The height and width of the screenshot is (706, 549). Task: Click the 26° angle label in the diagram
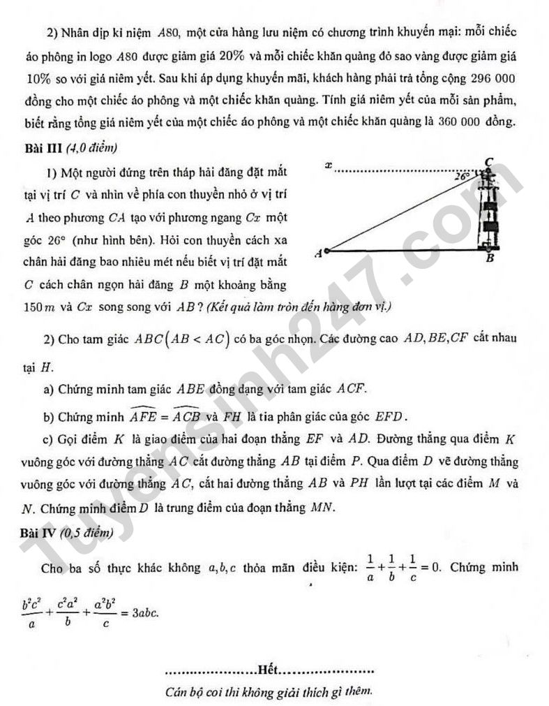click(x=462, y=177)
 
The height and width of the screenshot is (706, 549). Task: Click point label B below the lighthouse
click(x=489, y=259)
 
